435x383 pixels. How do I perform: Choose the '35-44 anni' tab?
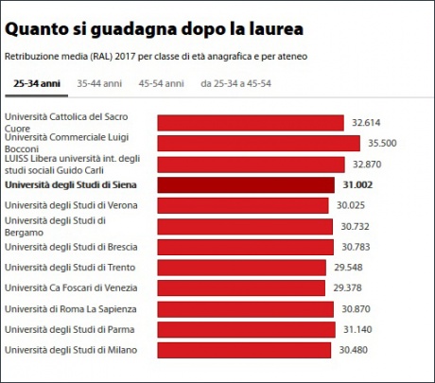pos(99,84)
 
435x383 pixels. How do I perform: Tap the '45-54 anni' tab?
pos(161,84)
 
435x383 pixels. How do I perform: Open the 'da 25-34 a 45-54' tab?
pos(235,84)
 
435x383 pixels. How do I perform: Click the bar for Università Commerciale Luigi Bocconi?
pos(258,143)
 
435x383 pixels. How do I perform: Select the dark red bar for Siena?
pos(246,185)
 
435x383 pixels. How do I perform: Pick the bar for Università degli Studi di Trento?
pos(243,268)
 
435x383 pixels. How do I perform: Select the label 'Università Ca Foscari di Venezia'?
pos(72,287)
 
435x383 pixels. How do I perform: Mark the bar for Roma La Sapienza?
pos(245,309)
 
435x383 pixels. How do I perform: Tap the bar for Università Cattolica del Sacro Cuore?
pos(250,123)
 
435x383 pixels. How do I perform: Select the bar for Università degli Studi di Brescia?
pos(245,247)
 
